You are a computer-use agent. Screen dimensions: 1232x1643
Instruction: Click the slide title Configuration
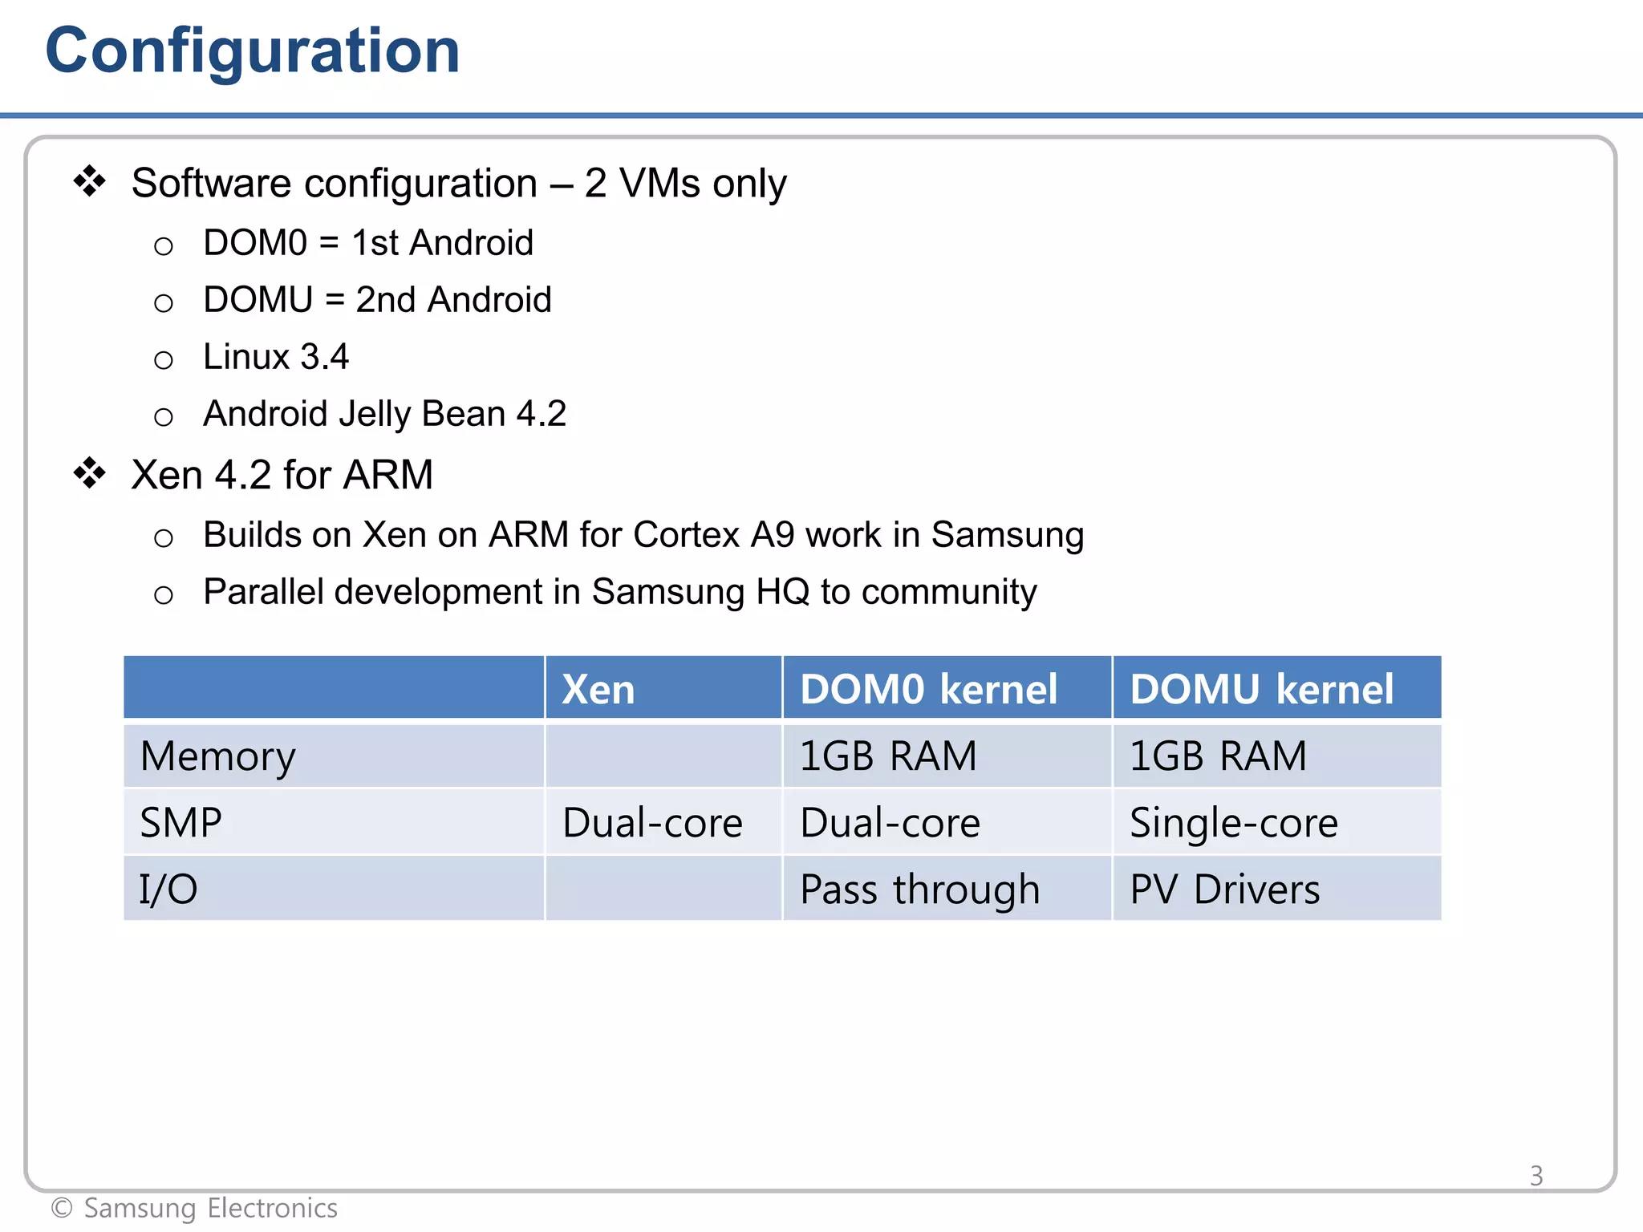253,51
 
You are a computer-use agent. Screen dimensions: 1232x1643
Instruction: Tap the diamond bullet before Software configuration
90,181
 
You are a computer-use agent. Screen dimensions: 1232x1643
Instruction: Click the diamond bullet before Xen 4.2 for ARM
90,473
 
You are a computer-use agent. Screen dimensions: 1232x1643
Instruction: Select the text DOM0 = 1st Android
367,242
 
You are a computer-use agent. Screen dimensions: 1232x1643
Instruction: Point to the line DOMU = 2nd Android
377,299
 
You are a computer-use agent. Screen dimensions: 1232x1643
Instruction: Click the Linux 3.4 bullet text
275,356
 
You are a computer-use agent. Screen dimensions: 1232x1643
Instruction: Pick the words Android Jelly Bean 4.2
384,414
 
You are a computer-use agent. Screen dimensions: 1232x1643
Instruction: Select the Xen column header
598,689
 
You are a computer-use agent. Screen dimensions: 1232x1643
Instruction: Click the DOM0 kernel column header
928,689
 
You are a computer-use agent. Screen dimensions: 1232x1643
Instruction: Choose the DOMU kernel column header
1261,689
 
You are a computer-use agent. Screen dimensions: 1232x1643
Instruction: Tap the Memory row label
217,756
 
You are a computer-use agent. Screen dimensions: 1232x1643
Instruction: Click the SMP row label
181,823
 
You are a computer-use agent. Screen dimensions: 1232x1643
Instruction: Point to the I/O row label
168,890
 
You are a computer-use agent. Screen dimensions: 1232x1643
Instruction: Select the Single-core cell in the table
1233,823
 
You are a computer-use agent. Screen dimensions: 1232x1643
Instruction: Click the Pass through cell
919,890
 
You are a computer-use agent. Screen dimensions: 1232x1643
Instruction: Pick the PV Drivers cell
1224,890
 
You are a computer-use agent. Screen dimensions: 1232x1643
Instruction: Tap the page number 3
1535,1176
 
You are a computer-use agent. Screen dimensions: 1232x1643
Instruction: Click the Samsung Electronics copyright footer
194,1208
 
